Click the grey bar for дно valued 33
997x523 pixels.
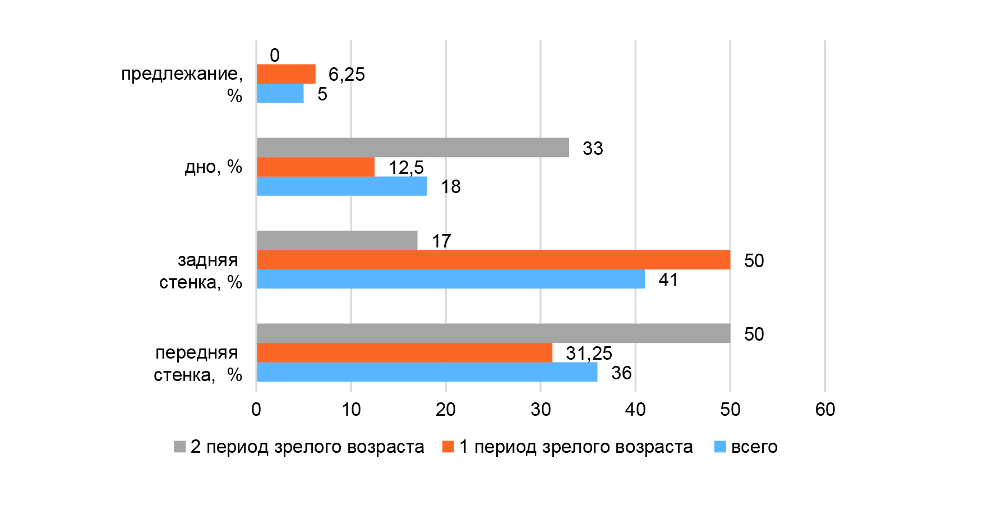point(413,148)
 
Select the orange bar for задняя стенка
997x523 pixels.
point(493,260)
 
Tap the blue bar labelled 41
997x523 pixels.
point(451,279)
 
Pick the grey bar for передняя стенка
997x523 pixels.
point(493,333)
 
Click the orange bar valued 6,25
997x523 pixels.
point(286,74)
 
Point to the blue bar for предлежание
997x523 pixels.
point(280,94)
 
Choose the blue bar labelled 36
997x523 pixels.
point(427,372)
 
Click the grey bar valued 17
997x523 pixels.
point(337,240)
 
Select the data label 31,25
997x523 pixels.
point(589,353)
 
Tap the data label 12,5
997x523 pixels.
point(406,167)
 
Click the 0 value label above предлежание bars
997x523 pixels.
point(274,55)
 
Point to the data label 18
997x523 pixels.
point(450,186)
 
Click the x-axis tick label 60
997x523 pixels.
point(825,410)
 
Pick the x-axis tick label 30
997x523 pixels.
point(541,410)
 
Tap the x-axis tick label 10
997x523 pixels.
point(351,410)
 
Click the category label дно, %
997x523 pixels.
point(213,167)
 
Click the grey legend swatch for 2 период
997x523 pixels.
point(179,447)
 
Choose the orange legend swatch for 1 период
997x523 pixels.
point(448,447)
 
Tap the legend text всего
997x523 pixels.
point(754,447)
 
